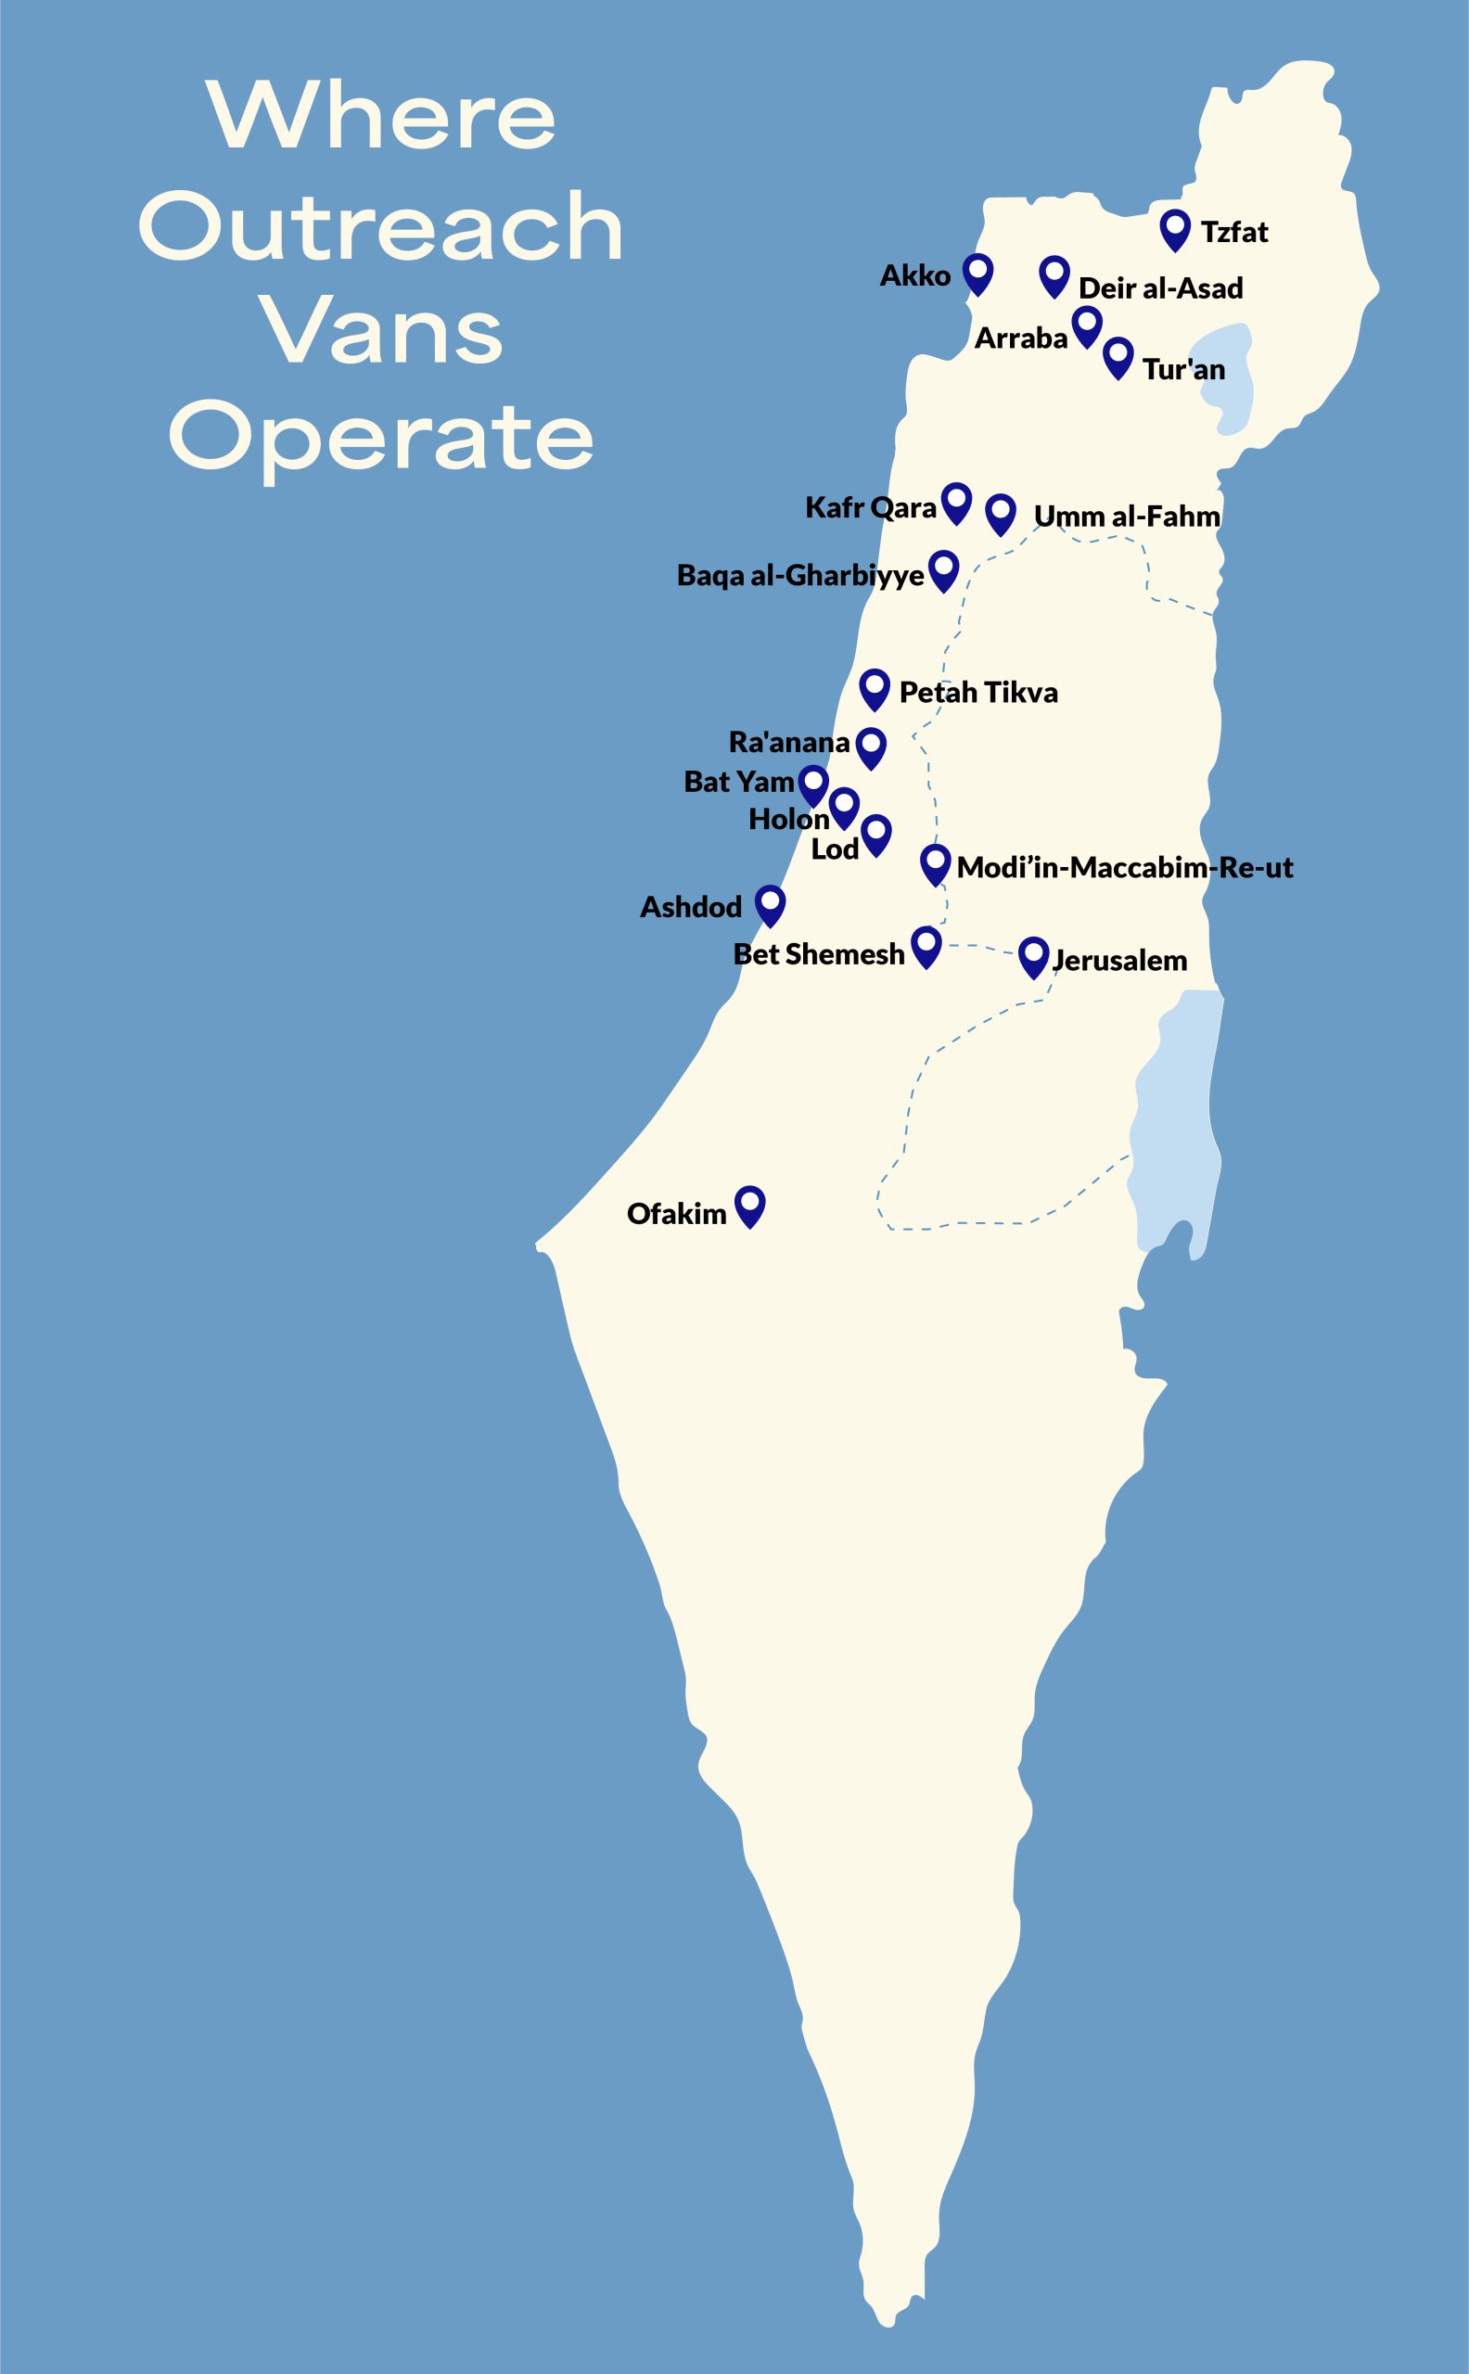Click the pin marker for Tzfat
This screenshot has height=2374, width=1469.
point(1175,229)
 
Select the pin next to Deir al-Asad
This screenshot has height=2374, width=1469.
point(1054,275)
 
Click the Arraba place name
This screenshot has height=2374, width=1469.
point(1020,338)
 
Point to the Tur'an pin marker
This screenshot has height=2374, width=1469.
point(1118,356)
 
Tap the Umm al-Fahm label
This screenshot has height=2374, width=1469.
point(1126,516)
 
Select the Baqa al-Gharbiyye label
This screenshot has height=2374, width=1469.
point(799,576)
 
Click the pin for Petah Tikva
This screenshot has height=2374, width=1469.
point(875,688)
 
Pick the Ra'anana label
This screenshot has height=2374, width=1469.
point(789,743)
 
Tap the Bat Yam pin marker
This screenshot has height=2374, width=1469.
point(813,784)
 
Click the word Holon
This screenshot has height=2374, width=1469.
point(788,820)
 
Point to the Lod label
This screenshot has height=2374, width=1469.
point(835,850)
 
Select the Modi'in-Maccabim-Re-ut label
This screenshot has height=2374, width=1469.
point(1124,867)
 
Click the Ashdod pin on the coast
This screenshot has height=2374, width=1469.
point(771,904)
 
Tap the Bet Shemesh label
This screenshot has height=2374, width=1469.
point(818,955)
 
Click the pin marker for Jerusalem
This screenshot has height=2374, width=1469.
point(1033,956)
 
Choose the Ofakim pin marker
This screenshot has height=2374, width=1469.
point(749,1206)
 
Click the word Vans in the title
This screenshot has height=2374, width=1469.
point(383,332)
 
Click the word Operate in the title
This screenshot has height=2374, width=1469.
point(381,438)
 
